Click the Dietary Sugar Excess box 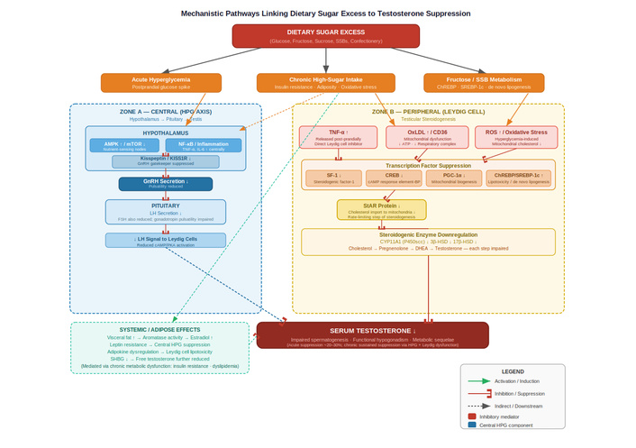click(325, 36)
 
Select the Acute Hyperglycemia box click(161, 83)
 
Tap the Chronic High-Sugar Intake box click(325, 83)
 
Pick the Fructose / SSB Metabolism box click(484, 83)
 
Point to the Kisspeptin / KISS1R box click(165, 161)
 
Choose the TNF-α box click(338, 137)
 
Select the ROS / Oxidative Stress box click(516, 137)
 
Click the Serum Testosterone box click(372, 334)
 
